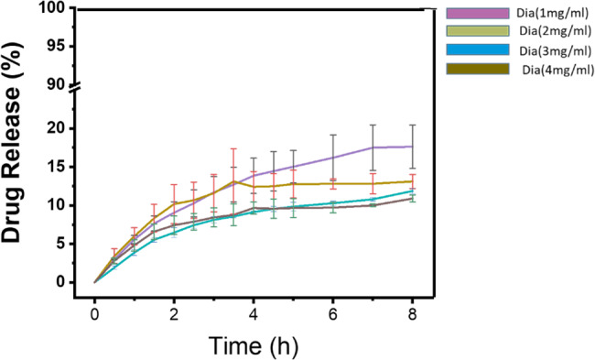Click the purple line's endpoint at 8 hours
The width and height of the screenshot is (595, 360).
click(412, 147)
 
